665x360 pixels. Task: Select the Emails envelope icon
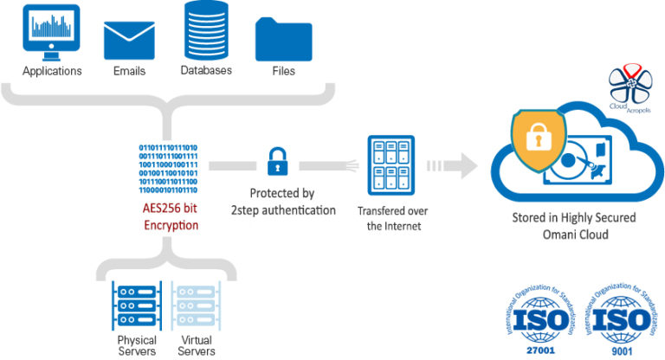[x=127, y=38]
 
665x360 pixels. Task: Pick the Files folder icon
[x=283, y=38]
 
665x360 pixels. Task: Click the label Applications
[x=52, y=71]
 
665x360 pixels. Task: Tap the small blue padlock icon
[x=276, y=162]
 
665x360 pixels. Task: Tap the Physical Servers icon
[x=136, y=307]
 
